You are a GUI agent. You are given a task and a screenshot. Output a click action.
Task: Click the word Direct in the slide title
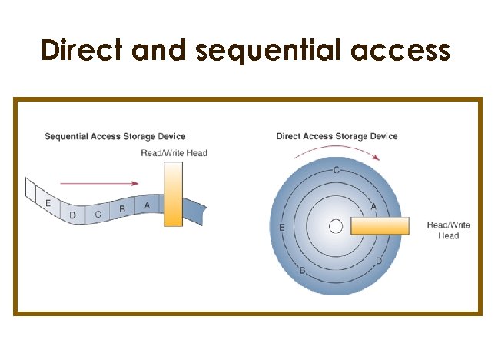tap(83, 50)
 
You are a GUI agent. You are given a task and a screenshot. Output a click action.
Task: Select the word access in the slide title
tap(400, 51)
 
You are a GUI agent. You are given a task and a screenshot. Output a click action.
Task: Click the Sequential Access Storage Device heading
tap(115, 137)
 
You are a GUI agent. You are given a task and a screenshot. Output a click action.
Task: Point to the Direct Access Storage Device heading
tap(337, 136)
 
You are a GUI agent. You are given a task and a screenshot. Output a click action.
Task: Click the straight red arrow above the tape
tap(99, 184)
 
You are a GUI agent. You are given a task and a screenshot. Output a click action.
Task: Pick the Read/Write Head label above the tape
tap(174, 153)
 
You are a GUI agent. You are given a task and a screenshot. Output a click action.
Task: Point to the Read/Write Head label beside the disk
tap(448, 230)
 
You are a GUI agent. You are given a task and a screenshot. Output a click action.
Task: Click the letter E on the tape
tap(48, 204)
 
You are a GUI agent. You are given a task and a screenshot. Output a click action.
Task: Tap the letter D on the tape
tap(72, 216)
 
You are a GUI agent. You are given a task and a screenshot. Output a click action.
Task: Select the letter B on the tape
tap(122, 208)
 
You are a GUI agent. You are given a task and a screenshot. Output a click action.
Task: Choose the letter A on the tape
tap(147, 205)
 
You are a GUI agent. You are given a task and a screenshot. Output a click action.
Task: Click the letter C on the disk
tap(336, 170)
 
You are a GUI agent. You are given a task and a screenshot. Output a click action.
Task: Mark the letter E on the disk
tap(283, 228)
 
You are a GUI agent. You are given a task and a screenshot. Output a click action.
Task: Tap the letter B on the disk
tap(303, 272)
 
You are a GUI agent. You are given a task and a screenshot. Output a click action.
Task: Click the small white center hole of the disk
tap(335, 226)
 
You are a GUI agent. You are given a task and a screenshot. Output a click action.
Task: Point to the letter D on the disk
tap(379, 262)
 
